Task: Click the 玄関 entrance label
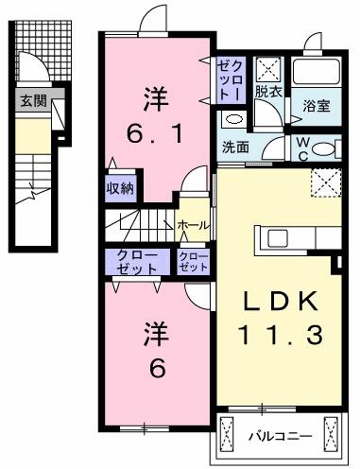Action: [33, 101]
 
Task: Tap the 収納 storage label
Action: [119, 187]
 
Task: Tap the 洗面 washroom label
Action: [236, 148]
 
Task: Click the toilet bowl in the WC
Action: [324, 148]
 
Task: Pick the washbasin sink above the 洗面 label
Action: [232, 120]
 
